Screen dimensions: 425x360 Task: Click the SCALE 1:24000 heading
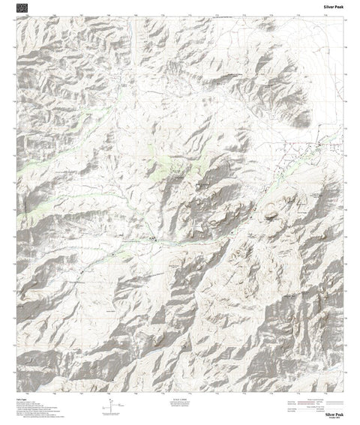click(x=180, y=397)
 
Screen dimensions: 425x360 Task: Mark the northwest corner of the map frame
click(x=17, y=18)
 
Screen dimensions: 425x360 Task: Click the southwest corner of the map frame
click(x=17, y=391)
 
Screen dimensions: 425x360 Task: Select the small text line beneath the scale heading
click(x=180, y=402)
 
